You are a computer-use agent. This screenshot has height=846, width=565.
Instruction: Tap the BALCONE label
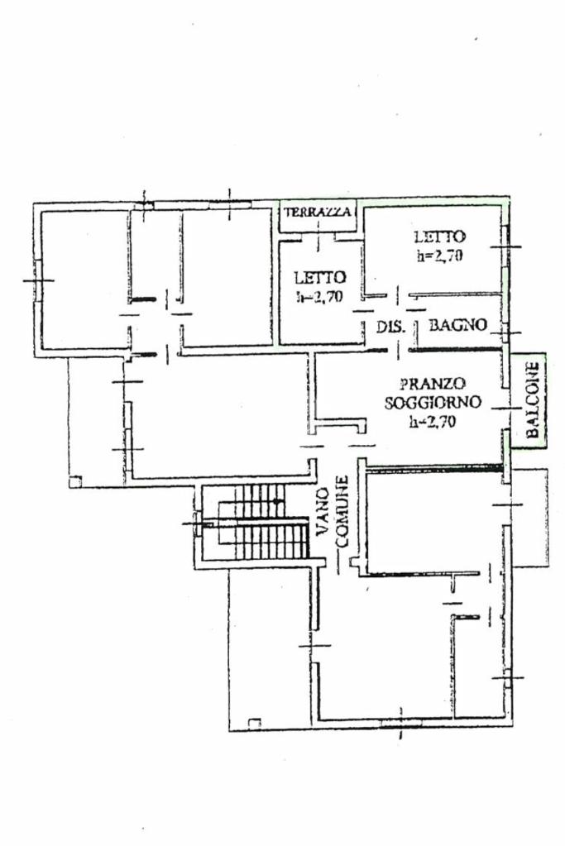pyautogui.click(x=533, y=399)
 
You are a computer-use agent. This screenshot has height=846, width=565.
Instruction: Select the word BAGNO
pyautogui.click(x=458, y=325)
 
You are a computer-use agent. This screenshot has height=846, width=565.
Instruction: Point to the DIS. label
pyautogui.click(x=390, y=327)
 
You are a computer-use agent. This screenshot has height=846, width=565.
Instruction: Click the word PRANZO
pyautogui.click(x=433, y=384)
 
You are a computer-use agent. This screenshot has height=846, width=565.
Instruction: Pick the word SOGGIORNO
pyautogui.click(x=433, y=403)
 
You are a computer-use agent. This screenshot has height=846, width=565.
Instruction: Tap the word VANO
pyautogui.click(x=323, y=510)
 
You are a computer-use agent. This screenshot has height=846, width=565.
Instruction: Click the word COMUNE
pyautogui.click(x=342, y=511)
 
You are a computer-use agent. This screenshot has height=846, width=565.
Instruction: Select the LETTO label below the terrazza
pyautogui.click(x=320, y=277)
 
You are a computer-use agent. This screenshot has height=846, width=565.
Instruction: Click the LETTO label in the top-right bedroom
pyautogui.click(x=440, y=237)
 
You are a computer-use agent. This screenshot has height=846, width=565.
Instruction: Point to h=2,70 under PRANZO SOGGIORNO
pyautogui.click(x=432, y=422)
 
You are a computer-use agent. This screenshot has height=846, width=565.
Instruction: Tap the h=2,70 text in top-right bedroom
pyautogui.click(x=440, y=256)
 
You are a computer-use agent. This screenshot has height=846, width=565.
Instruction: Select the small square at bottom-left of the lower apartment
pyautogui.click(x=254, y=723)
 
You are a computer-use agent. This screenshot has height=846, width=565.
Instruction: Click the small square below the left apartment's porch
pyautogui.click(x=75, y=481)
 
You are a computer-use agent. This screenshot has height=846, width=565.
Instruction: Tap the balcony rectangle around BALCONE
pyautogui.click(x=529, y=401)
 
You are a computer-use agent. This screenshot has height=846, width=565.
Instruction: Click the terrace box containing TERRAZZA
pyautogui.click(x=319, y=217)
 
